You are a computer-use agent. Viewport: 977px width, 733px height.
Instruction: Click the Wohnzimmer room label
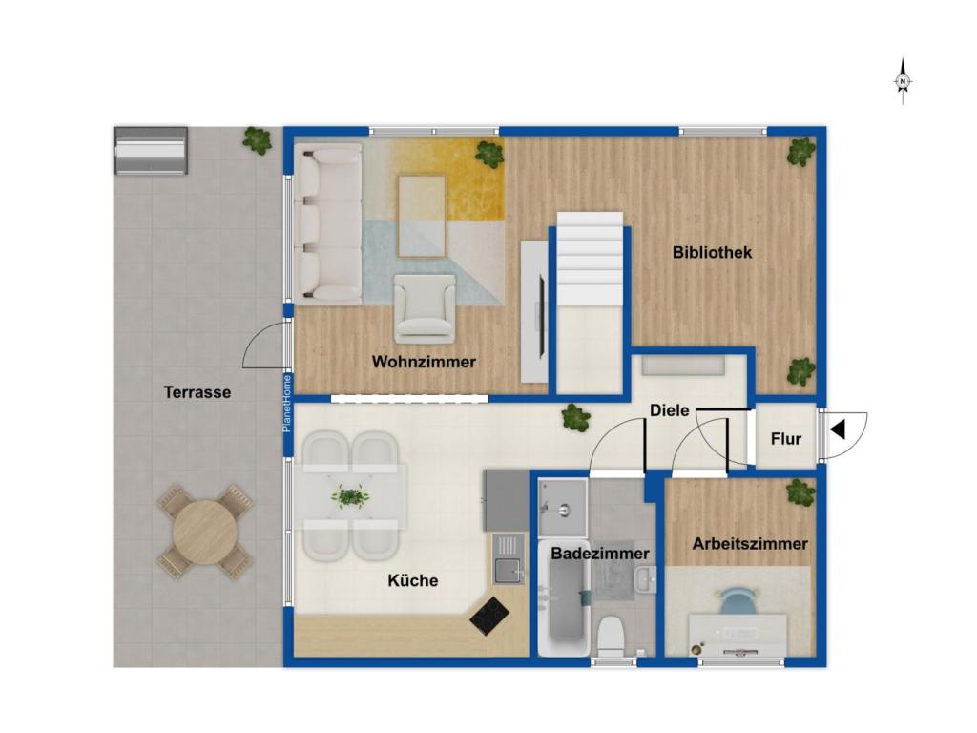tap(424, 362)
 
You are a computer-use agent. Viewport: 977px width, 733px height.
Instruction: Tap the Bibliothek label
tap(712, 252)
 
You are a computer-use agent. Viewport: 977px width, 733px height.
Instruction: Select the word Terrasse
tap(197, 392)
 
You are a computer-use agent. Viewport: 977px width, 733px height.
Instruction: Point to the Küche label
tap(412, 580)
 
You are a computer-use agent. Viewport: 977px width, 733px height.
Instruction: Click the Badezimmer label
tap(600, 553)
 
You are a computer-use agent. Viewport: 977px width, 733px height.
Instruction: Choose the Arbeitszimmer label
tap(750, 543)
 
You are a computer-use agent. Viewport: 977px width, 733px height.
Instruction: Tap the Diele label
tap(670, 410)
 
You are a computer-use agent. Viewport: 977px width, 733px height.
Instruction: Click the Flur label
tap(786, 439)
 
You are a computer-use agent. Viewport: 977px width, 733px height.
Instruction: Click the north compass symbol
tap(903, 82)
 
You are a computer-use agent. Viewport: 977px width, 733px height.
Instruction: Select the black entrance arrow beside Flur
tap(838, 429)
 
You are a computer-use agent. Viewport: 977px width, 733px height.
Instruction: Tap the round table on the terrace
tap(205, 533)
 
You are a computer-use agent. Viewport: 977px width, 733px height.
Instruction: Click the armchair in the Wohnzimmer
tap(425, 308)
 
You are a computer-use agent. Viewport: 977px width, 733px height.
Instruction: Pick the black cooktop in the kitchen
tap(489, 616)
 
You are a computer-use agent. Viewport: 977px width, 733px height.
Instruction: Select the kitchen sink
tap(509, 570)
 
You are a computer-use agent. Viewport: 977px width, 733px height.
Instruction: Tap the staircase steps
tap(590, 258)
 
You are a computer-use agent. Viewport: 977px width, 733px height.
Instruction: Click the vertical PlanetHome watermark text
tap(287, 404)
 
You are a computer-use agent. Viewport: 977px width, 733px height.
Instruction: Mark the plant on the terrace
tap(257, 139)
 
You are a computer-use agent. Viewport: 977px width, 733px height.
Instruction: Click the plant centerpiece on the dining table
tap(350, 496)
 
